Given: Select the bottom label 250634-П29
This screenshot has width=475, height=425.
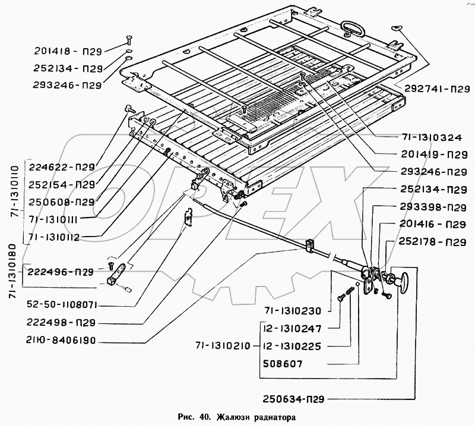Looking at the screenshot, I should (x=293, y=399).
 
